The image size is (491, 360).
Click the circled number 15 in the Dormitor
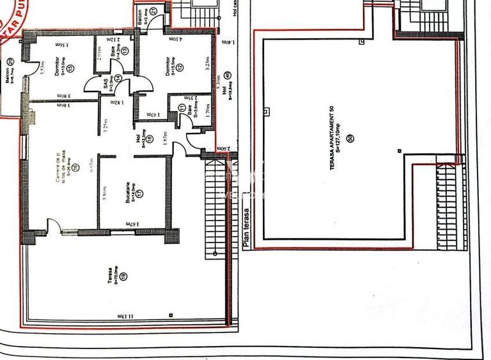(70, 68)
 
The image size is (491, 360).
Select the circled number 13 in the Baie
(125, 52)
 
